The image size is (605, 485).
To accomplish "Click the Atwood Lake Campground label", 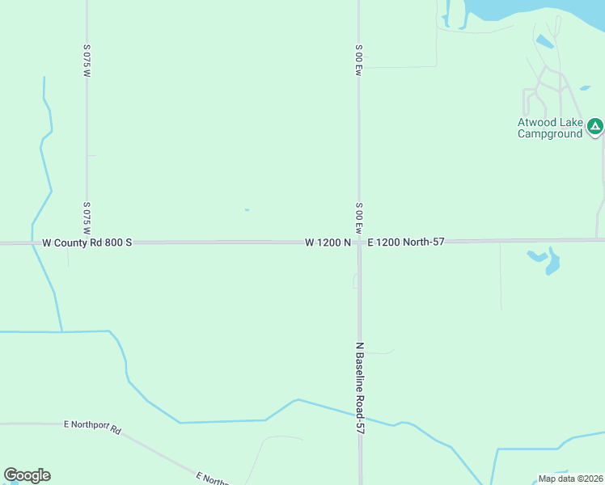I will coord(550,128).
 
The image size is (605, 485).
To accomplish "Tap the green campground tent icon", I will coord(595,125).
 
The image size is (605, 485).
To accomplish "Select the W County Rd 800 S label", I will coord(87,242).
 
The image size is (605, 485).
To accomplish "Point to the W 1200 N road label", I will coord(328,242).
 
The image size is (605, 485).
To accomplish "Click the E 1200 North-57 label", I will coord(406,242).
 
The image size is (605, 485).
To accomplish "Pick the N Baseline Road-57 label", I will coord(361,388).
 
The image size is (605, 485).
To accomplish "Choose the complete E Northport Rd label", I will coord(92,427).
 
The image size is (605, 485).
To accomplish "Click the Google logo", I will coord(27,475).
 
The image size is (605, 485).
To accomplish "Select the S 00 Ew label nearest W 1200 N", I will coord(358,217).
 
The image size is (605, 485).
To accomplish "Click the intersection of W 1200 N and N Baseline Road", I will coord(359,242).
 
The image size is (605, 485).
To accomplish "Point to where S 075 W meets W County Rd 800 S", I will coord(87,242).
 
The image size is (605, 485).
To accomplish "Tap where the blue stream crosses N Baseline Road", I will coord(359,415).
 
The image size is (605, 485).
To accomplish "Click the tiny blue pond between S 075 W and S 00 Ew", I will coord(247,210).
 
